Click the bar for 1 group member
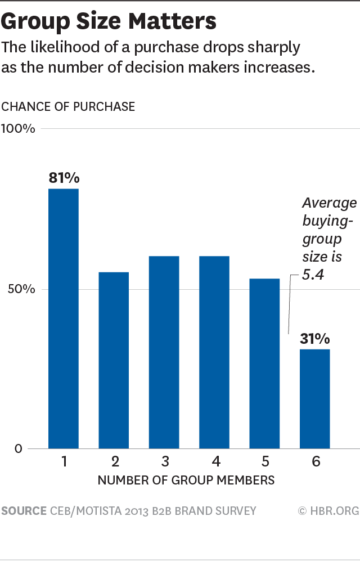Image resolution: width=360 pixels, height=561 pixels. coord(64,318)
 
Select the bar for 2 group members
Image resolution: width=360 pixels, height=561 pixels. coord(114,360)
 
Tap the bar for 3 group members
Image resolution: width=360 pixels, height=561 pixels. coord(164,352)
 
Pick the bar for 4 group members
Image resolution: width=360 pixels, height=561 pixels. coord(214,352)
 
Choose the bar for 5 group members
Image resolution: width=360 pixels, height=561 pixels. coord(264,363)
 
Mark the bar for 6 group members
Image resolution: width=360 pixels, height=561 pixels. coord(315,399)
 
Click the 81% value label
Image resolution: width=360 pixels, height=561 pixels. coord(64,178)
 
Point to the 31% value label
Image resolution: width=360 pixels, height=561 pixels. coord(315,339)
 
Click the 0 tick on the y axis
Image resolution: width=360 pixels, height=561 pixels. coord(19,449)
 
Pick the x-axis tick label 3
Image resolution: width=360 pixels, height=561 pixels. coord(165,463)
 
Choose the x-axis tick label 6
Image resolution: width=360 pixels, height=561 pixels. coord(316,463)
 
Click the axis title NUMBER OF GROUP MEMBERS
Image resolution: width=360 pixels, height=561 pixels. coord(186,481)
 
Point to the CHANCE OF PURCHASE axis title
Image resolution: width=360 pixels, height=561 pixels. coord(68,106)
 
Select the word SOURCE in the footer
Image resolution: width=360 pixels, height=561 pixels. coord(24,511)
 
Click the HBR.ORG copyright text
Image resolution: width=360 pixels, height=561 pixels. coord(328,511)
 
